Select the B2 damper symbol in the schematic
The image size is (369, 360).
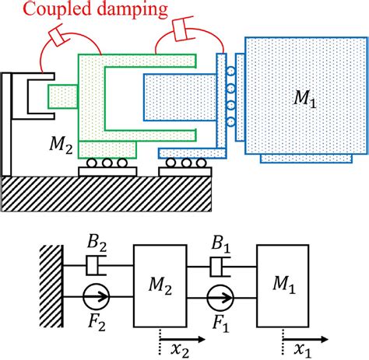[97, 268]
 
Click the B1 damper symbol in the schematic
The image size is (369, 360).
[220, 268]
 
